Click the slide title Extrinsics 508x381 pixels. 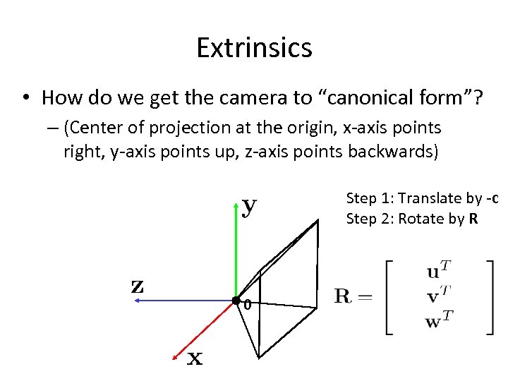(x=254, y=48)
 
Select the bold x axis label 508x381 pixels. (x=195, y=359)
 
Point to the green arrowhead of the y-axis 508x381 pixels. (x=236, y=205)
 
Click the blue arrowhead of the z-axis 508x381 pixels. (x=138, y=301)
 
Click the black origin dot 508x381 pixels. (x=236, y=301)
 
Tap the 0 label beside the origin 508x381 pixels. (x=247, y=306)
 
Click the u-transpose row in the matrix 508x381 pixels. (x=439, y=271)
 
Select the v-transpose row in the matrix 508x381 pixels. (x=439, y=295)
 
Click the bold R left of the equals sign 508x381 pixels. (x=344, y=296)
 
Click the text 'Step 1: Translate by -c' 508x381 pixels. (x=423, y=198)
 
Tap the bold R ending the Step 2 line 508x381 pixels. (x=473, y=219)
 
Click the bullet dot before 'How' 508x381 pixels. (x=26, y=97)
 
